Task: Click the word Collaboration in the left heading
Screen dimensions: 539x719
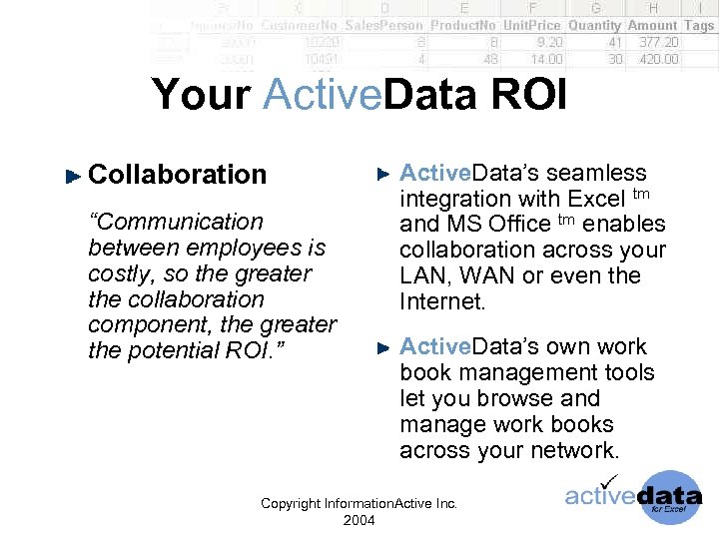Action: tap(178, 174)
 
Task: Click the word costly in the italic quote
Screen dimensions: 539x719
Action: tap(118, 273)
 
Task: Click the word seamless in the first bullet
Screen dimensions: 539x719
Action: tap(597, 173)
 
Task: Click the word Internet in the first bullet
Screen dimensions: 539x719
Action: tap(443, 301)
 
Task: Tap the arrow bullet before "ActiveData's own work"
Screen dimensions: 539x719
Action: tap(383, 348)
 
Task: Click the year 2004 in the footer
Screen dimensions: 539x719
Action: tap(359, 520)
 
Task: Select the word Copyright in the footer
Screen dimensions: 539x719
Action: tap(291, 504)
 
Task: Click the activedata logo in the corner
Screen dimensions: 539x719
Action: tap(633, 496)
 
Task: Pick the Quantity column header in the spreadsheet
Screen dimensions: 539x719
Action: tap(594, 25)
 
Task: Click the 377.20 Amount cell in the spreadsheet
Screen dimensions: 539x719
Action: tap(658, 42)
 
